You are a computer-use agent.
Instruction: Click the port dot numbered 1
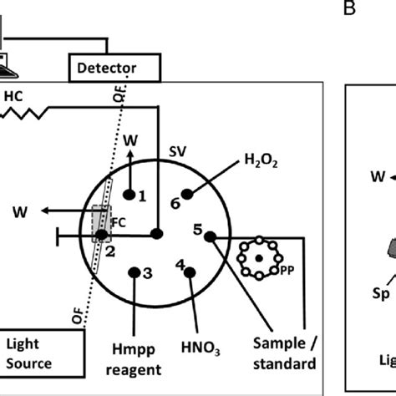coord(128,195)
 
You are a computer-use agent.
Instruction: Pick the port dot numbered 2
coord(102,236)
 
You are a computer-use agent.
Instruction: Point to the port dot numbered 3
coord(135,271)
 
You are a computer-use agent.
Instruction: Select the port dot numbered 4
coord(190,270)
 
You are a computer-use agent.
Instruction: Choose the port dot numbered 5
coord(210,236)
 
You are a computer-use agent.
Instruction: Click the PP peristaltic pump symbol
coord(258,261)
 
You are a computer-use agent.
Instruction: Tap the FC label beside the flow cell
coord(117,223)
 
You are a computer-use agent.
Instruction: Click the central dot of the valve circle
coord(156,235)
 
